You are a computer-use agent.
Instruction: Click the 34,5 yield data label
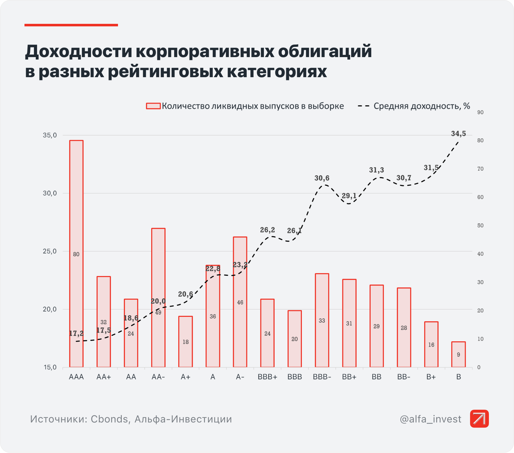pyautogui.click(x=458, y=134)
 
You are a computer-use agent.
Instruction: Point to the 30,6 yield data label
pyautogui.click(x=322, y=179)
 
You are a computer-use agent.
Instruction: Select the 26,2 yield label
pyautogui.click(x=267, y=230)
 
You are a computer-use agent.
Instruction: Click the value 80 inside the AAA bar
pyautogui.click(x=76, y=254)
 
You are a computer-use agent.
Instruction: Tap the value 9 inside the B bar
pyautogui.click(x=458, y=355)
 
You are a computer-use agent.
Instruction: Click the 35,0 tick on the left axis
pyautogui.click(x=50, y=135)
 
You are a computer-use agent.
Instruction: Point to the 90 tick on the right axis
pyautogui.click(x=480, y=112)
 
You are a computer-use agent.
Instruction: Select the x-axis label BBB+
pyautogui.click(x=267, y=377)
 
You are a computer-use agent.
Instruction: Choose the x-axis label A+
pyautogui.click(x=185, y=377)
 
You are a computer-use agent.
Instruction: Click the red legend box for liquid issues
pyautogui.click(x=153, y=106)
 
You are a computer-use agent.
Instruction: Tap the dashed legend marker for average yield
pyautogui.click(x=364, y=106)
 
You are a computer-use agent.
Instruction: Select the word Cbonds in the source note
pyautogui.click(x=110, y=419)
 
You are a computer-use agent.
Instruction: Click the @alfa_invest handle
pyautogui.click(x=431, y=419)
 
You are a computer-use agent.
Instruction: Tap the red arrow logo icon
pyautogui.click(x=479, y=419)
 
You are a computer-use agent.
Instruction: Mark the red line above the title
pyautogui.click(x=71, y=25)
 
